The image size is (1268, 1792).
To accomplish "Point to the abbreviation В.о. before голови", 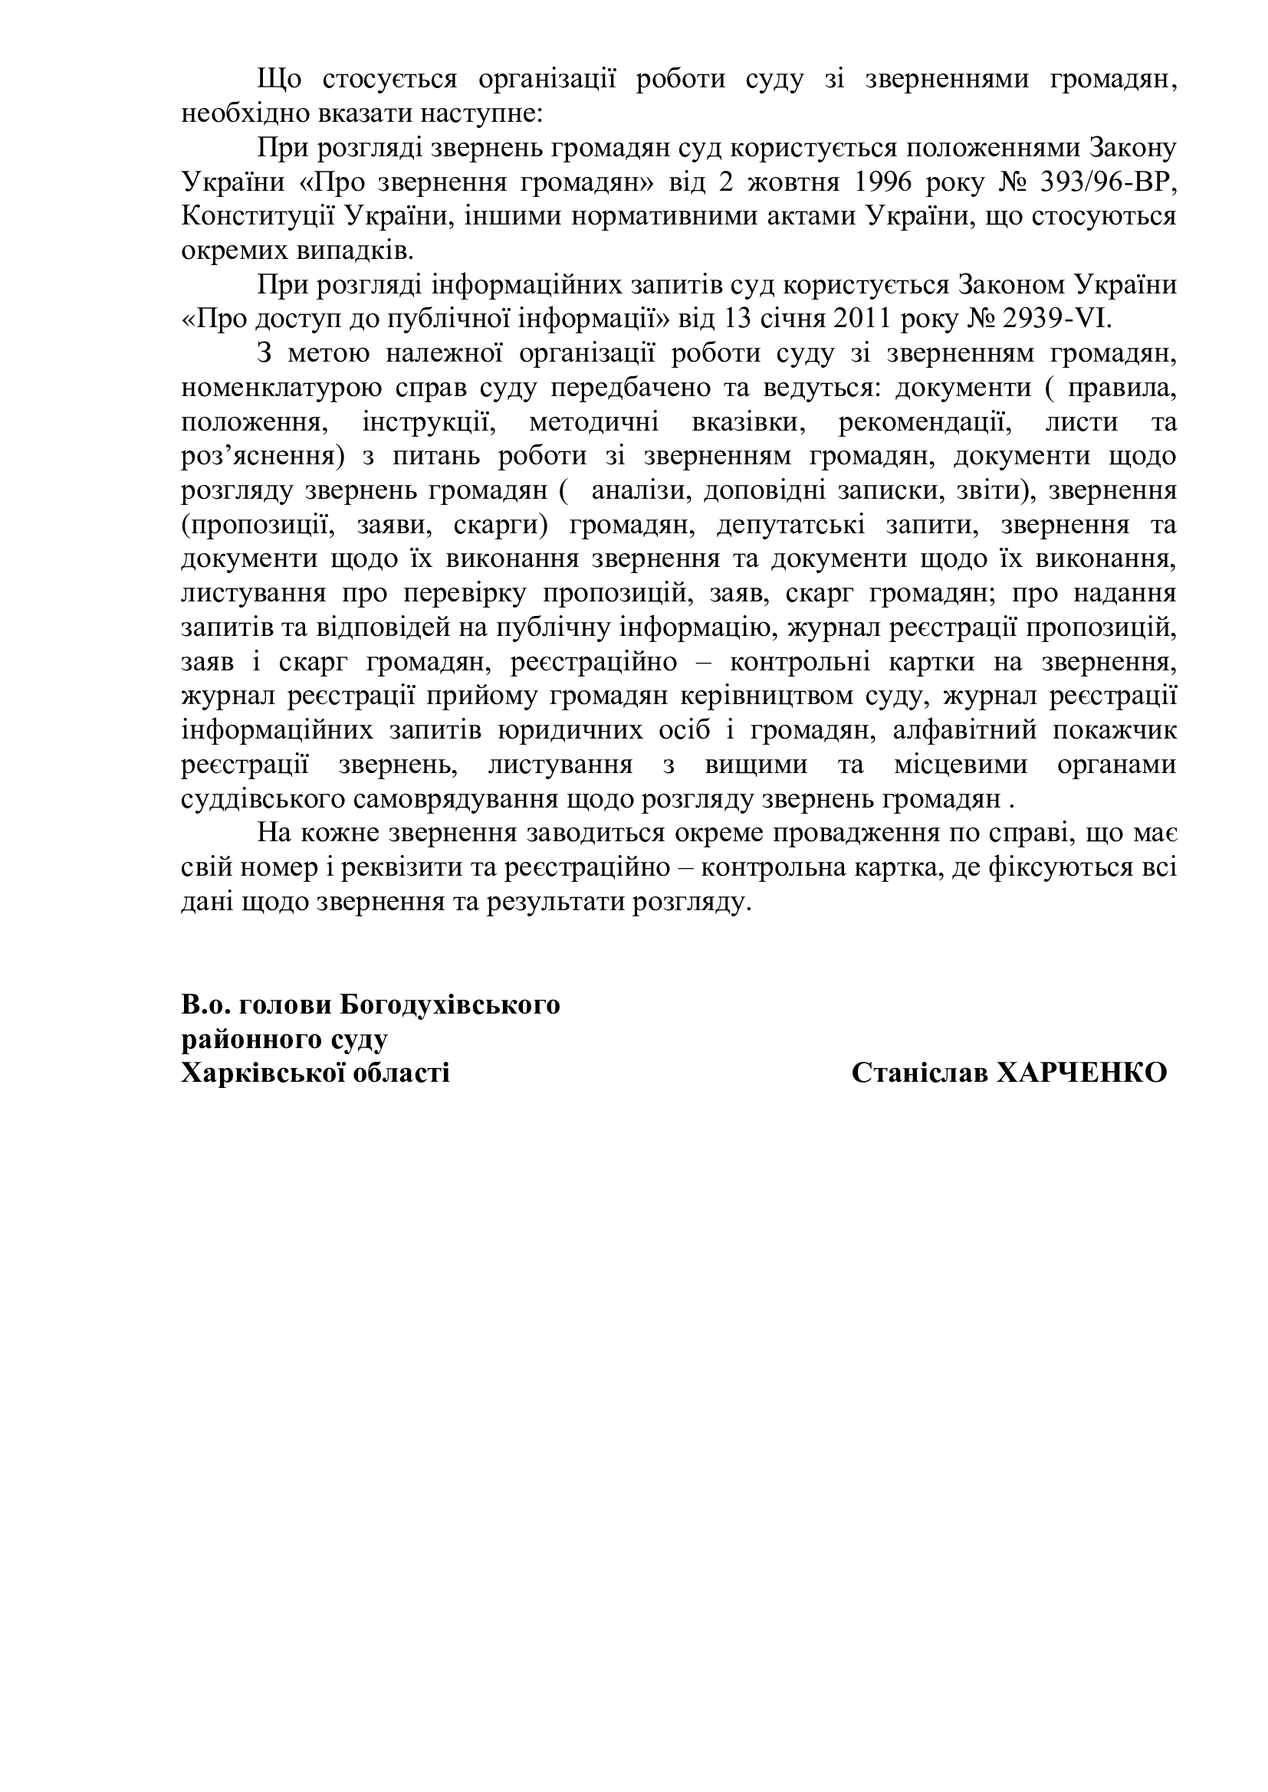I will (x=205, y=1004).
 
